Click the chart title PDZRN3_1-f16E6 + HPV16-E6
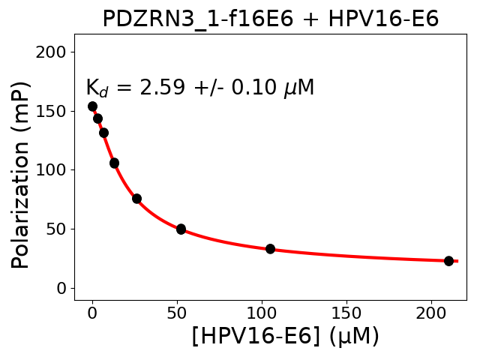coord(270,18)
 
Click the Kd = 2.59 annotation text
coord(199,88)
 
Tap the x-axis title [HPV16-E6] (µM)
coord(285,336)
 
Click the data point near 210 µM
coord(448,261)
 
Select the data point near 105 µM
coord(270,249)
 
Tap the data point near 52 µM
coord(181,229)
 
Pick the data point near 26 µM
coord(136,199)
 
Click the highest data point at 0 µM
coord(92,106)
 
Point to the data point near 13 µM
coord(114,163)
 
